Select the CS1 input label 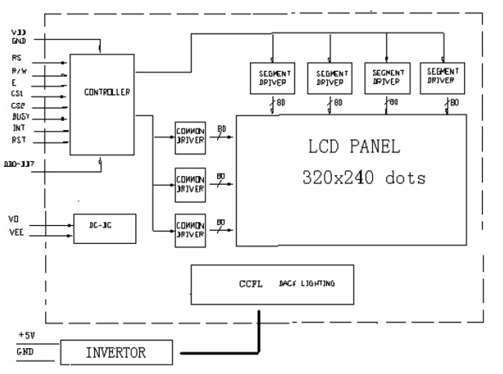pyautogui.click(x=18, y=93)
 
